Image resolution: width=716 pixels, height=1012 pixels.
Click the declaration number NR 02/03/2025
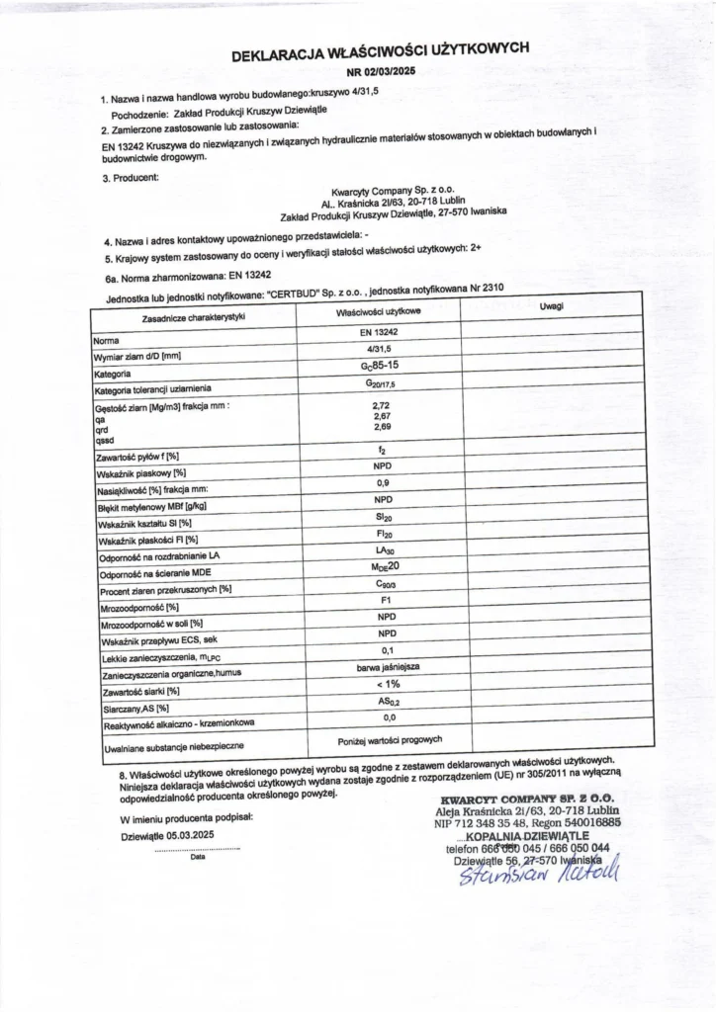click(x=382, y=72)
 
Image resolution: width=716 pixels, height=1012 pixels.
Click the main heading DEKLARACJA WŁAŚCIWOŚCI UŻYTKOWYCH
click(x=381, y=52)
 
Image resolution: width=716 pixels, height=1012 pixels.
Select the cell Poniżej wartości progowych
click(x=390, y=740)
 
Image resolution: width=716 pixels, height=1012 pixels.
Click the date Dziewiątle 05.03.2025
click(x=167, y=835)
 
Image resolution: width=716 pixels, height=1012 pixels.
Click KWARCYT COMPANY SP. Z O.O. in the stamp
click(x=529, y=798)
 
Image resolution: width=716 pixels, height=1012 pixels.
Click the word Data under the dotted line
click(x=198, y=857)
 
